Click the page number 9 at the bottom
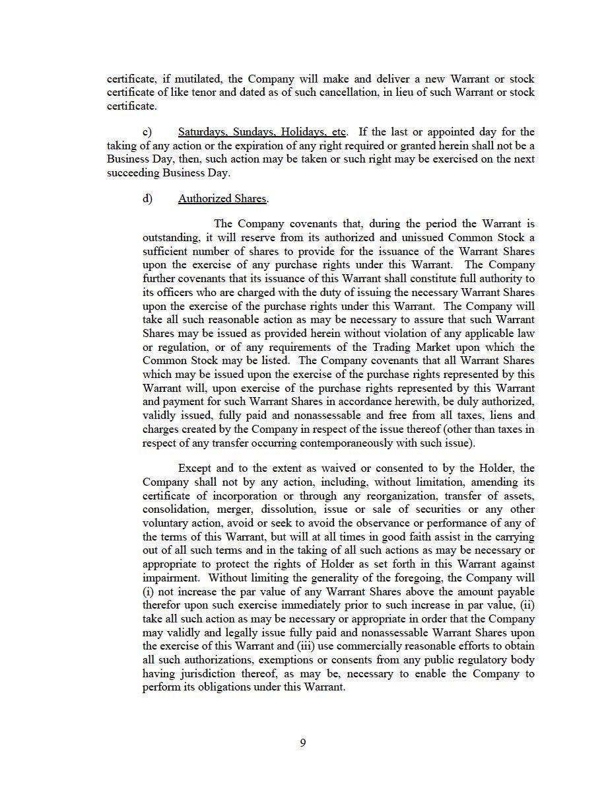(x=303, y=743)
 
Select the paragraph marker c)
(x=147, y=132)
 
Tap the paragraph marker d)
(x=147, y=198)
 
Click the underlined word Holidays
(x=294, y=132)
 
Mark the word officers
(x=174, y=292)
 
